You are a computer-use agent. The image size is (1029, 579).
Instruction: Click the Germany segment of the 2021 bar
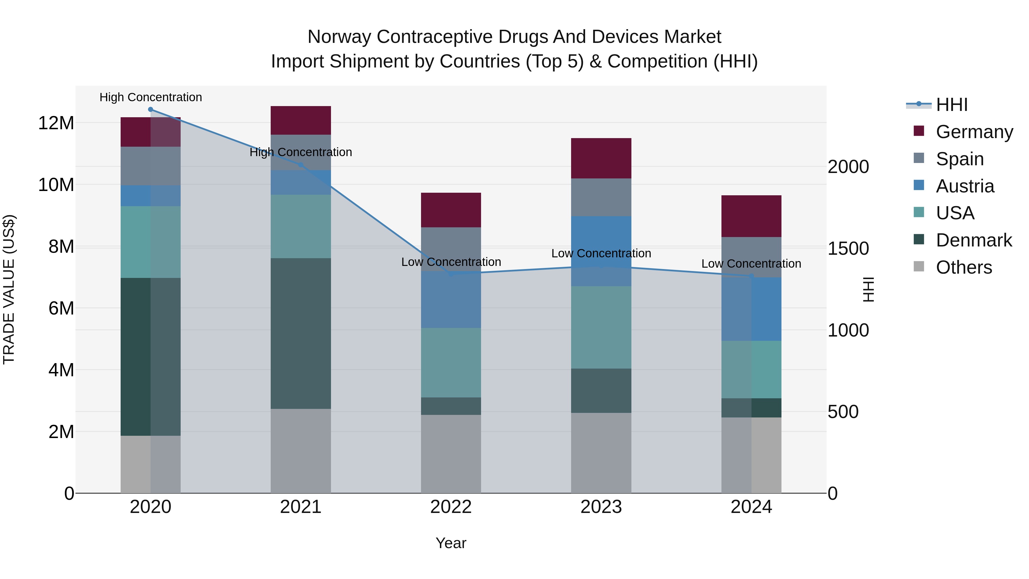[x=300, y=120]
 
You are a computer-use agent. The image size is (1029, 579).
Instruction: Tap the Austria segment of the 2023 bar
[x=601, y=240]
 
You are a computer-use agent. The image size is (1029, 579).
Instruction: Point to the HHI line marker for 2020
[x=151, y=110]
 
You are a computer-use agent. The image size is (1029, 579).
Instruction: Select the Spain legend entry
[x=960, y=159]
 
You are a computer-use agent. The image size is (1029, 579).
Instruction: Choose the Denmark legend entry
[x=974, y=240]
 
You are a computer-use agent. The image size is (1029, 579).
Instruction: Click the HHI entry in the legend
[x=952, y=105]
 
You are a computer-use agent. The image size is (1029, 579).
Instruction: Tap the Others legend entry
[x=964, y=267]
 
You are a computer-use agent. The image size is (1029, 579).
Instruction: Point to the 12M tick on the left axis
[x=56, y=123]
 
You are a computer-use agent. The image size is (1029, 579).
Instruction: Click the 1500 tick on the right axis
[x=848, y=248]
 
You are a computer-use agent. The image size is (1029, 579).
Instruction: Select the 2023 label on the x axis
[x=601, y=507]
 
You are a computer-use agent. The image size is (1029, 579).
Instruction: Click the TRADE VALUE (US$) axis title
[x=9, y=289]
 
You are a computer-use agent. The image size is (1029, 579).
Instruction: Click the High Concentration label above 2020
[x=151, y=97]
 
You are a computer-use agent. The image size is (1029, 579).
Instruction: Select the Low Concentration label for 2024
[x=751, y=264]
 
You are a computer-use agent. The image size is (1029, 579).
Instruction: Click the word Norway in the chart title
[x=339, y=37]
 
